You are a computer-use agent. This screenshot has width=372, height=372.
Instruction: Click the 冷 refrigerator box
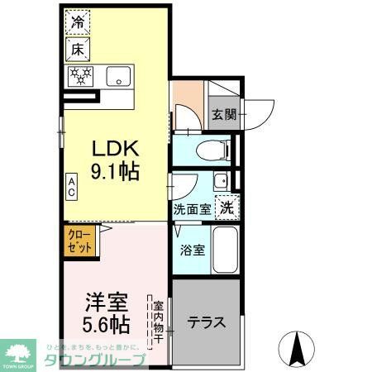coord(78,23)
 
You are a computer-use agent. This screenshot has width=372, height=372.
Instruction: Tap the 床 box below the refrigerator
coord(78,50)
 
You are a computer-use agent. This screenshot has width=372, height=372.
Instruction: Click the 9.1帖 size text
coord(114,173)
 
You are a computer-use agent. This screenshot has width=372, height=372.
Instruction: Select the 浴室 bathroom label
coord(192,249)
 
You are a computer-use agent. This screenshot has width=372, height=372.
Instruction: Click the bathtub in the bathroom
coord(225,248)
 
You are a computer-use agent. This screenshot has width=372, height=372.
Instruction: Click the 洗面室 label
coord(192,210)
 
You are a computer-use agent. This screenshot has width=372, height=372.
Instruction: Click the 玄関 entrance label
coord(223,114)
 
